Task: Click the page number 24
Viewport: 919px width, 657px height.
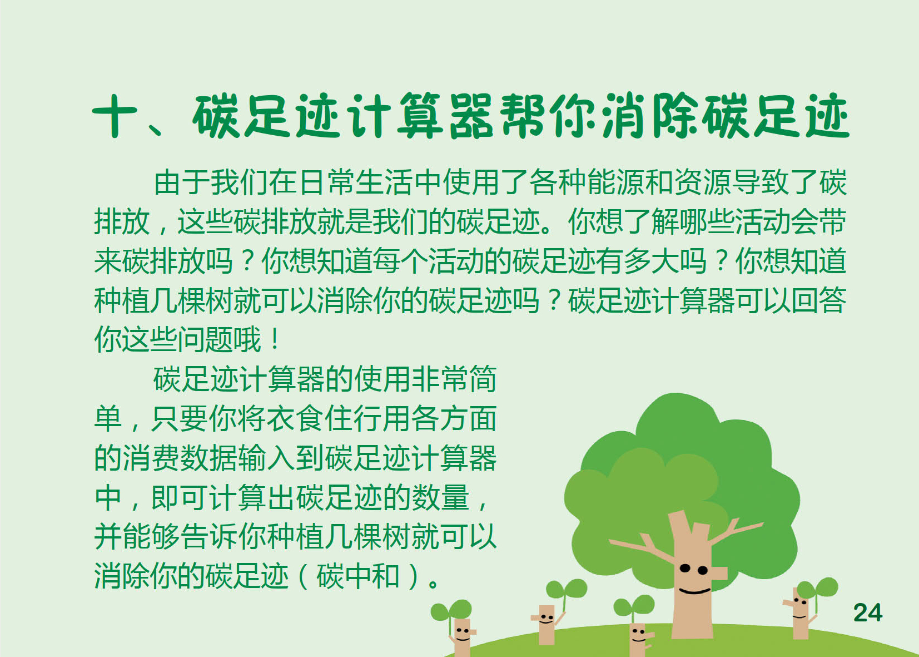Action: pyautogui.click(x=868, y=613)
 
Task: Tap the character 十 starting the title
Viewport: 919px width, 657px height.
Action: pyautogui.click(x=115, y=116)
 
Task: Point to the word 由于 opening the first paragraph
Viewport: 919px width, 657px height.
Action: pyautogui.click(x=182, y=182)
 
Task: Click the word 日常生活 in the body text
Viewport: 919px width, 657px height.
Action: pyautogui.click(x=356, y=182)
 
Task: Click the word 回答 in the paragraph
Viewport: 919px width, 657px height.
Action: pyautogui.click(x=818, y=300)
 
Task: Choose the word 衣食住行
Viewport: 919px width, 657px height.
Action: pyautogui.click(x=324, y=419)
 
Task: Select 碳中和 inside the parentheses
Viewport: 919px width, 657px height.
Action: pyautogui.click(x=357, y=576)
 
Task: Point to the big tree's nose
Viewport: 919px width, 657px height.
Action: pyautogui.click(x=719, y=573)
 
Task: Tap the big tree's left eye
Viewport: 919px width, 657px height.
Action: pyautogui.click(x=685, y=569)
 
